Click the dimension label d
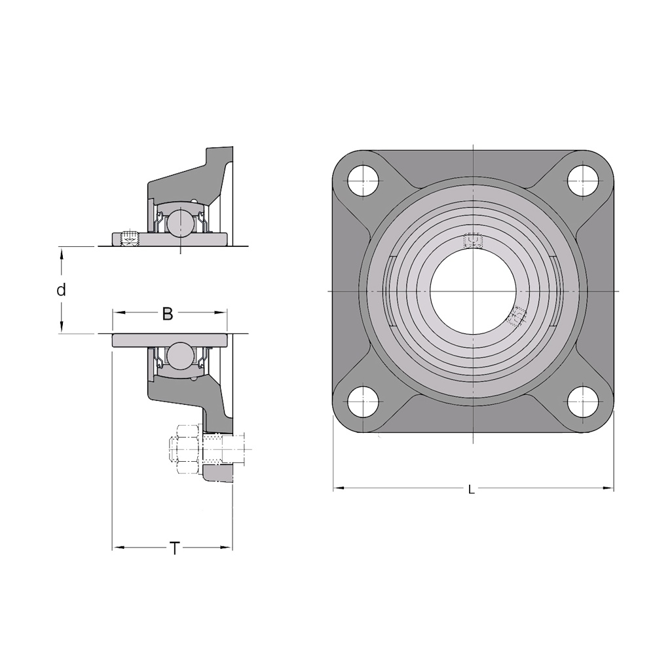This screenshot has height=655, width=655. [x=62, y=290]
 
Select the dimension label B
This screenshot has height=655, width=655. [x=168, y=314]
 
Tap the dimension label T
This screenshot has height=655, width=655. [x=175, y=548]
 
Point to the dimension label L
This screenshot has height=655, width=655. [x=472, y=489]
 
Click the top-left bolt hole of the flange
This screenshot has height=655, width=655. [x=363, y=181]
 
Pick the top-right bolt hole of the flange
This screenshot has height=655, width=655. [x=583, y=181]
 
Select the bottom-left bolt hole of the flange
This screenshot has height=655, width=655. [x=363, y=402]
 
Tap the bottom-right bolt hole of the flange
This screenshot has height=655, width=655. [x=583, y=402]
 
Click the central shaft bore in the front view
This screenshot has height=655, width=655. [x=473, y=291]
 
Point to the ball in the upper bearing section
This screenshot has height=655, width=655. [x=181, y=221]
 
